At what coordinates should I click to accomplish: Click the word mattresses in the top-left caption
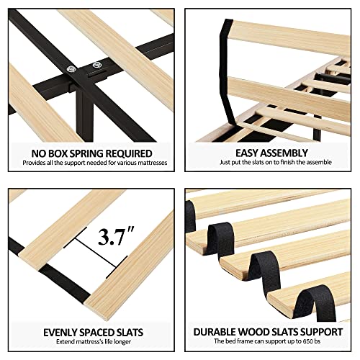(148, 166)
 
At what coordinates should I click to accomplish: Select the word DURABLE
(217, 333)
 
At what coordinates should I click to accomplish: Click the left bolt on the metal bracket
(71, 69)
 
